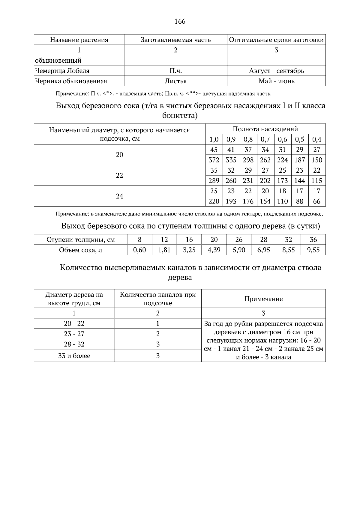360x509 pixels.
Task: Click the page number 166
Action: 180,21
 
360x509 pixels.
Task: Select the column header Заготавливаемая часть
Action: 175,40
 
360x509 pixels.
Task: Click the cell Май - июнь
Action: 276,81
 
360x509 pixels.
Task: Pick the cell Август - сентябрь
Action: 276,71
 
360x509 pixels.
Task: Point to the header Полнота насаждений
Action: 265,129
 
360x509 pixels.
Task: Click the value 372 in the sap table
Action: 214,160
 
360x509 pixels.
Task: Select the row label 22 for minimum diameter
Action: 119,175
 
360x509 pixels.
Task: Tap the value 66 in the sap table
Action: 317,201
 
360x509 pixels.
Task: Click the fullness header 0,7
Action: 265,139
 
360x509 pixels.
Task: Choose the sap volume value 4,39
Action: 214,250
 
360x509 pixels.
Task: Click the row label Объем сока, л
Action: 80,250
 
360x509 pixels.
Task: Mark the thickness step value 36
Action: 313,240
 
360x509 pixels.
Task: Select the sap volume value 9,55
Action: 313,250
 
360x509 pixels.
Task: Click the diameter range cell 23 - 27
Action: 74,334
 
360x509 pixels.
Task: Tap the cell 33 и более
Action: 74,356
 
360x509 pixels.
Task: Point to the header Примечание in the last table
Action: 263,299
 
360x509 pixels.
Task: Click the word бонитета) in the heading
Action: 180,116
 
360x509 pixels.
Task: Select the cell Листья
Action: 175,81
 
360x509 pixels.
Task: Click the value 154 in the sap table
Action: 265,201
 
